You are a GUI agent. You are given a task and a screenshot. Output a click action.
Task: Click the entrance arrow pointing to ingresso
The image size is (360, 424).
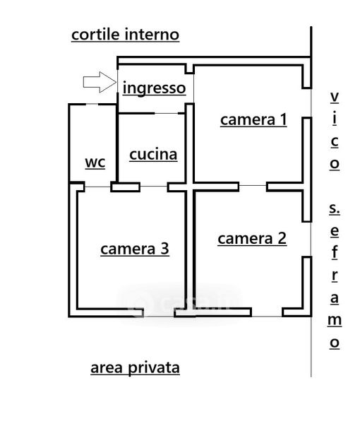[100, 82]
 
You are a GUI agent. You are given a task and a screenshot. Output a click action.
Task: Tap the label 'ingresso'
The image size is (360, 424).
[154, 88]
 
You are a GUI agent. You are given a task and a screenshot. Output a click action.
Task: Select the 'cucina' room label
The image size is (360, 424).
[153, 154]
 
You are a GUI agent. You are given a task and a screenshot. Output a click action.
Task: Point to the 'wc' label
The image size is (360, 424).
[95, 163]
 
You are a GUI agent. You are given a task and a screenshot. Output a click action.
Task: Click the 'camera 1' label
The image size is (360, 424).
[253, 120]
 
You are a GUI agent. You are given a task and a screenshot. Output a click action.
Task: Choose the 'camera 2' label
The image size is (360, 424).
[252, 239]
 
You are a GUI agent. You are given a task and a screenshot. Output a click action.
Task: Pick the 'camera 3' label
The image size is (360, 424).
[135, 249]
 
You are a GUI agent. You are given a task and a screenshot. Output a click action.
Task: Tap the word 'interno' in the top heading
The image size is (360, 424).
[152, 35]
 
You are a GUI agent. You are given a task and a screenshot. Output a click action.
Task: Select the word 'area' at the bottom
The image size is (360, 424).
[107, 368]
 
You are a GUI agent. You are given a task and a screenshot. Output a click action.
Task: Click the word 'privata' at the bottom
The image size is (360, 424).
[154, 368]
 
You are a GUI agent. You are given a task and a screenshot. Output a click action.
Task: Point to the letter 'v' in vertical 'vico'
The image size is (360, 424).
[335, 97]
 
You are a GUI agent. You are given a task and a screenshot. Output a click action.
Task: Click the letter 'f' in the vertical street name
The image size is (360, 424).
[335, 252]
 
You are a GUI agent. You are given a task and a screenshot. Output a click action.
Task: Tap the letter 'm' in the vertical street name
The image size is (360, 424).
[335, 320]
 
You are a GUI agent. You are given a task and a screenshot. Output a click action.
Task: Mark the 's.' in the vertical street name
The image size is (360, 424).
[335, 208]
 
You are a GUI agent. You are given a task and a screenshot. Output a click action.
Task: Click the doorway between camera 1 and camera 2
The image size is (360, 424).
[253, 186]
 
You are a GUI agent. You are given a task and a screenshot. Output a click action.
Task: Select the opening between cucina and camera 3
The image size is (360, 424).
[154, 187]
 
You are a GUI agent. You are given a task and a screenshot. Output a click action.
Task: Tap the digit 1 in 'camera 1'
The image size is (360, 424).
[283, 119]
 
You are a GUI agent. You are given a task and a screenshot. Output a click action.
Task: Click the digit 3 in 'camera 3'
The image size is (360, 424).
[164, 249]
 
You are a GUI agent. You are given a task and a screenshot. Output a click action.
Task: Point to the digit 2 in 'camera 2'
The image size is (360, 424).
[282, 238]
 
